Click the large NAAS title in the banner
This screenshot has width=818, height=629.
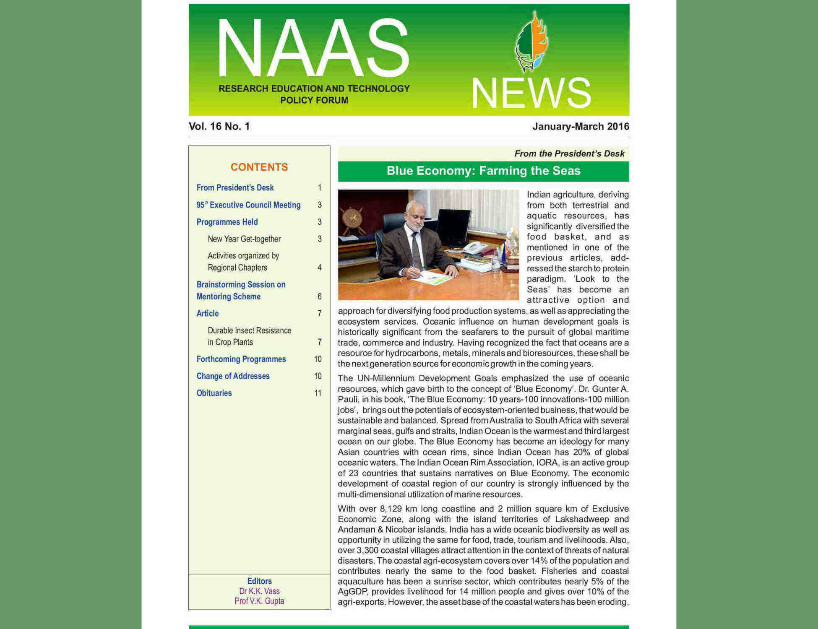click(313, 48)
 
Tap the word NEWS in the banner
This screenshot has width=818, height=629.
click(531, 93)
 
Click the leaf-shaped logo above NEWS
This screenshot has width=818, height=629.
click(531, 42)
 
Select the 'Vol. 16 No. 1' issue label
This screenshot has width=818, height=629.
click(219, 126)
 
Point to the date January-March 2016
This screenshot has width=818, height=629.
click(581, 126)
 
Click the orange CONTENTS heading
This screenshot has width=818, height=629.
click(259, 167)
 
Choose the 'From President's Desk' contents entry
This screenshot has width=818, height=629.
click(235, 187)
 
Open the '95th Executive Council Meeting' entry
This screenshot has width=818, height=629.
click(248, 205)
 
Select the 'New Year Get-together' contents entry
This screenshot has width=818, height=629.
click(244, 239)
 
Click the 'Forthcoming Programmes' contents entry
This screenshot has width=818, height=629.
click(241, 359)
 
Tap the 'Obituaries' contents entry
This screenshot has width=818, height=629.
click(214, 393)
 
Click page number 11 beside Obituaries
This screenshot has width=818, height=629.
click(318, 393)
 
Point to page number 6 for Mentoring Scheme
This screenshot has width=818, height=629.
click(319, 296)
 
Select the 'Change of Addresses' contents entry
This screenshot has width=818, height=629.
click(233, 376)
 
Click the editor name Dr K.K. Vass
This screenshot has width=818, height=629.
click(259, 591)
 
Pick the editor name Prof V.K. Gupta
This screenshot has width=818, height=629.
click(259, 601)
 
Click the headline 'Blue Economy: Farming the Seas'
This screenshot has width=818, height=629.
click(483, 171)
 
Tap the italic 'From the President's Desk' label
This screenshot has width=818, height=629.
click(569, 153)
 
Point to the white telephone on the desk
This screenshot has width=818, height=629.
click(474, 247)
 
